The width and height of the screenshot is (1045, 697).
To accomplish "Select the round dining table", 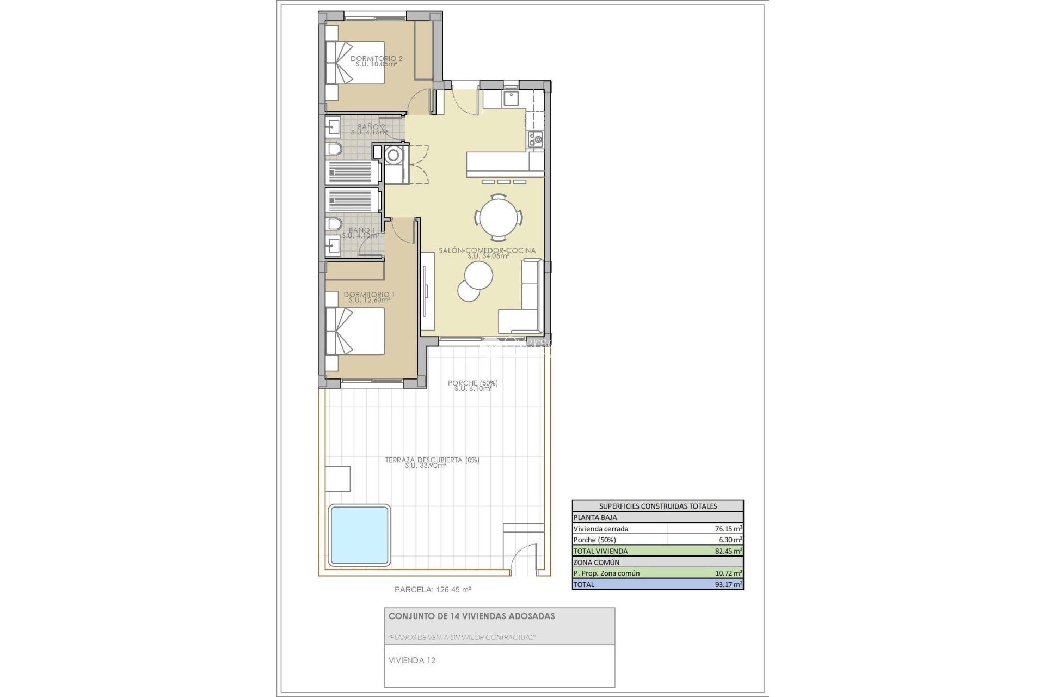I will pyautogui.click(x=499, y=218).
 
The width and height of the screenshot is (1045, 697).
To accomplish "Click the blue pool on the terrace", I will pyautogui.click(x=359, y=535).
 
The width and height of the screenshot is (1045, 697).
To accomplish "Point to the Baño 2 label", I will pyautogui.click(x=370, y=129).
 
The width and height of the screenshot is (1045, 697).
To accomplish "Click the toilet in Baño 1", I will pyautogui.click(x=334, y=224).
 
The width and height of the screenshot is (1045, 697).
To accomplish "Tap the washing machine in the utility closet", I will pyautogui.click(x=393, y=156).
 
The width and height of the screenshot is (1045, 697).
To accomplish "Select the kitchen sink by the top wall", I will pyautogui.click(x=511, y=98).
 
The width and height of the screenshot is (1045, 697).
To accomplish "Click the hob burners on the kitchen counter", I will pyautogui.click(x=534, y=139).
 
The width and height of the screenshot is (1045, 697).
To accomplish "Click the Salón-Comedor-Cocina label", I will pyautogui.click(x=487, y=253).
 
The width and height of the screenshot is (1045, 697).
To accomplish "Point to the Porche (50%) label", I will pyautogui.click(x=472, y=386).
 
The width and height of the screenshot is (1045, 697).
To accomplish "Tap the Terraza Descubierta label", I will pyautogui.click(x=432, y=462).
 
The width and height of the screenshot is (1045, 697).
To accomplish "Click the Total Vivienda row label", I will pyautogui.click(x=600, y=551).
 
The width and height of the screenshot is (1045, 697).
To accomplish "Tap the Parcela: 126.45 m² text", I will pyautogui.click(x=433, y=589).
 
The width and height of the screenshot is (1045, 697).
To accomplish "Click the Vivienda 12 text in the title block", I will pyautogui.click(x=412, y=661).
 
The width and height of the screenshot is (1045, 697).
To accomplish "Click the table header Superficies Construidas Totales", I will pyautogui.click(x=657, y=506).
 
